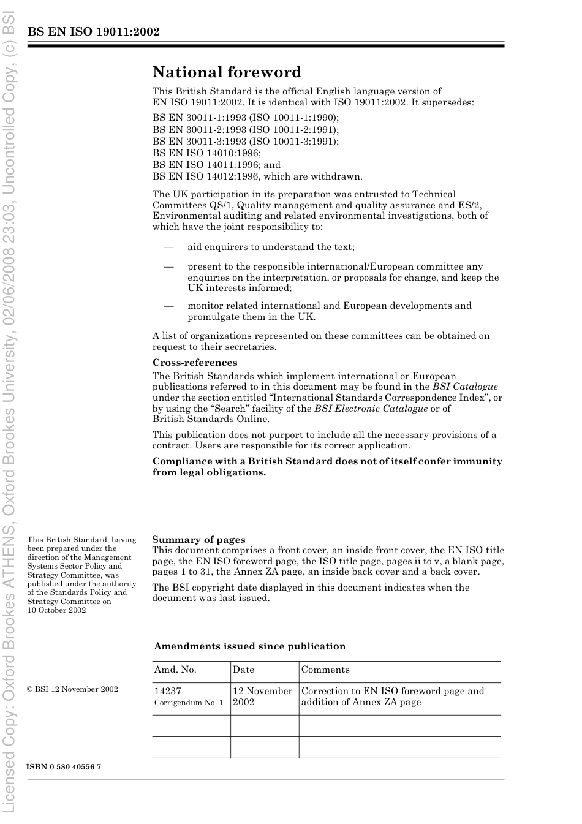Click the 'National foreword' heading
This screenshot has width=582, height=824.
227,72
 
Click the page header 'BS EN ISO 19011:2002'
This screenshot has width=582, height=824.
93,32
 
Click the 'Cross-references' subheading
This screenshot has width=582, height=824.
195,363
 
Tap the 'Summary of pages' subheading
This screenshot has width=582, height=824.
198,540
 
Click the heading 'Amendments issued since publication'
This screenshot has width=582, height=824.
250,646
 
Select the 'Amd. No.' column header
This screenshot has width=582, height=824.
175,670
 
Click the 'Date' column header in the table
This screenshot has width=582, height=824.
243,670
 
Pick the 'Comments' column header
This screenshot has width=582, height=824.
325,670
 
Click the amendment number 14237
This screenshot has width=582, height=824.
167,691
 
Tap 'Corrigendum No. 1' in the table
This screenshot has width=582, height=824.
189,703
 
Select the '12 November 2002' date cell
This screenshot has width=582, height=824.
262,697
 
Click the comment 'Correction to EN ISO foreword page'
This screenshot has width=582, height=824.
392,691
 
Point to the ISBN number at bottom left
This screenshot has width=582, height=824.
64,767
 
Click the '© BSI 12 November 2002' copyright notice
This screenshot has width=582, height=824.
72,689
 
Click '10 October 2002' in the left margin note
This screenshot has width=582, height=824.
56,610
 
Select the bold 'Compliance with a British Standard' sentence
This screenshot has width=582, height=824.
327,467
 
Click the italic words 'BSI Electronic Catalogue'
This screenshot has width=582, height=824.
371,409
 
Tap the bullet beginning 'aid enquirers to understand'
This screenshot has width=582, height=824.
271,247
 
